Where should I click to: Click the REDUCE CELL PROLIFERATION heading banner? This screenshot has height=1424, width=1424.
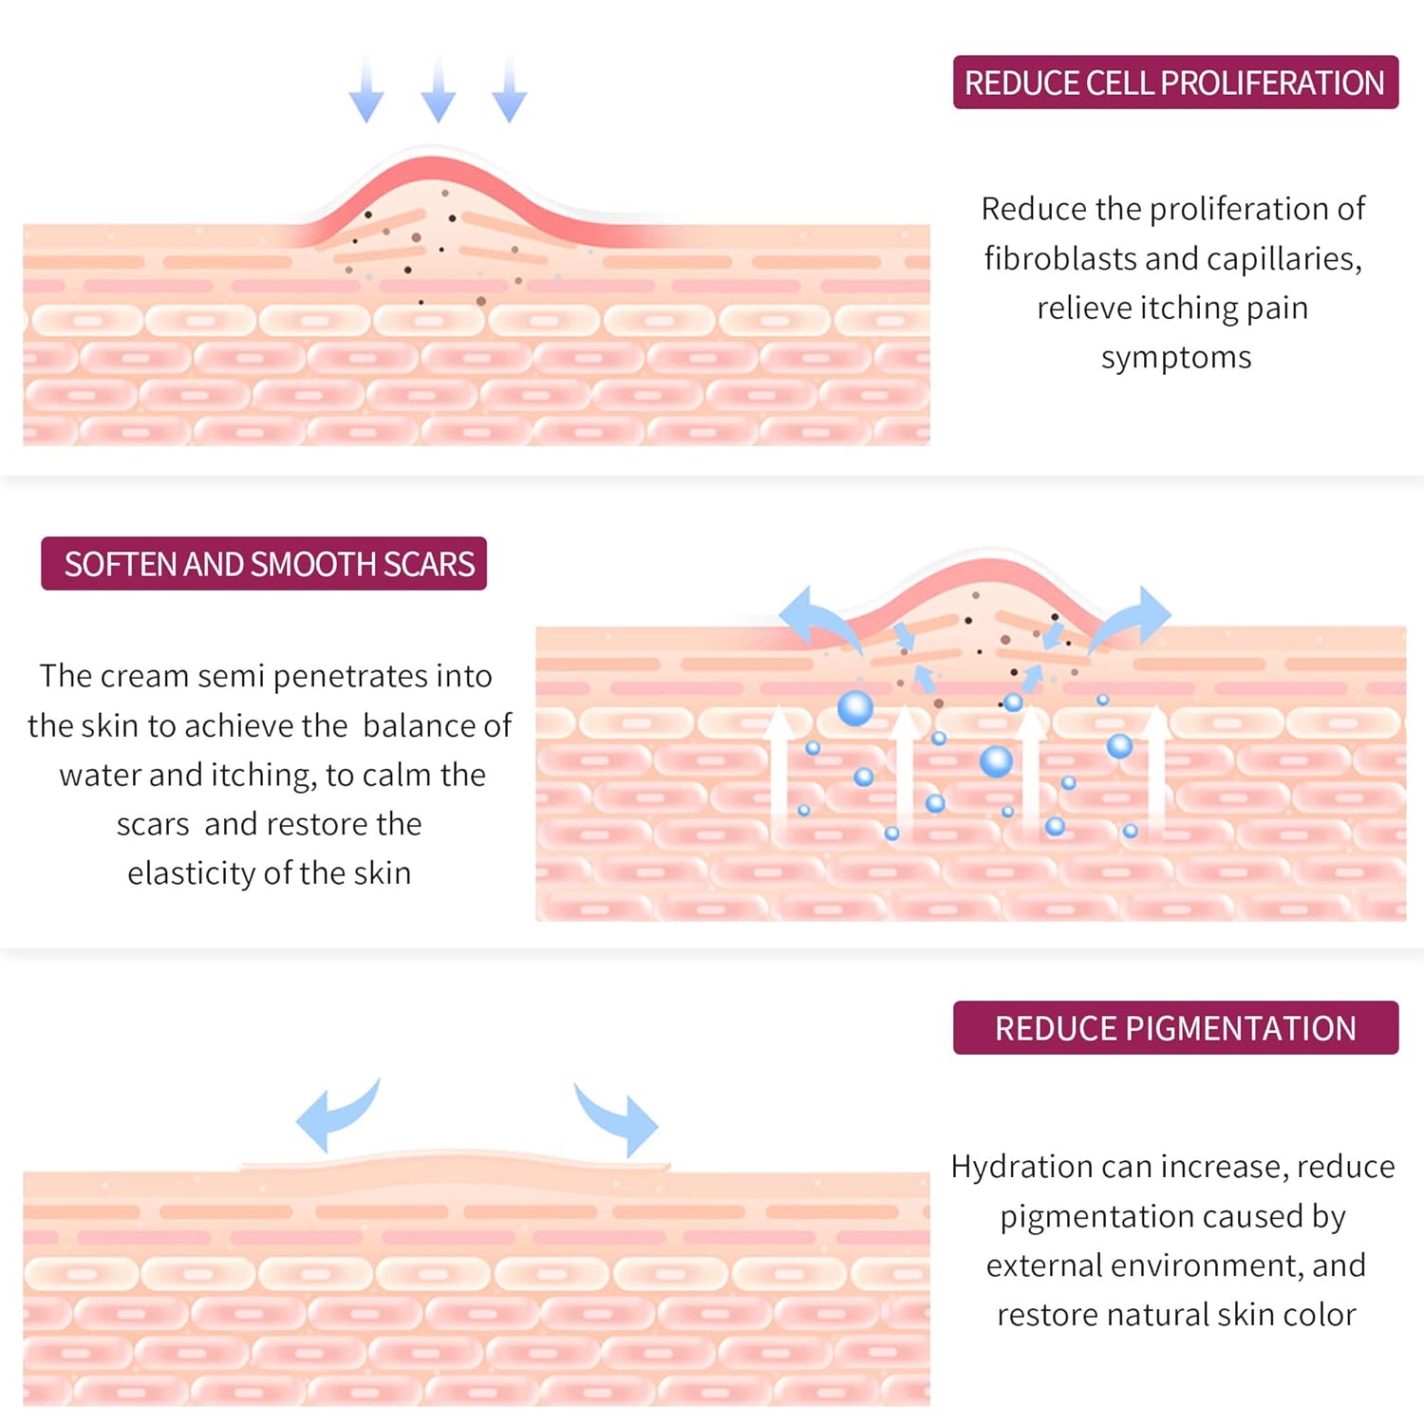[x=1175, y=83]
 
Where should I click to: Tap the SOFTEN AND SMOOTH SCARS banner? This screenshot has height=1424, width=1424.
[x=264, y=564]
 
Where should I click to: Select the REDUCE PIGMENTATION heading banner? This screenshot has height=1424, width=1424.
[x=1175, y=1028]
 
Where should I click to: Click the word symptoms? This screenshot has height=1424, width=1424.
[x=1175, y=358]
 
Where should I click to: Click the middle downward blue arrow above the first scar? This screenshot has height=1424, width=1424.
[x=438, y=93]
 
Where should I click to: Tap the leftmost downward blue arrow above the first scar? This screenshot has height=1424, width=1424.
[x=366, y=93]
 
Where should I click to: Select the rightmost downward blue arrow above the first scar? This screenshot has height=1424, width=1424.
[x=510, y=93]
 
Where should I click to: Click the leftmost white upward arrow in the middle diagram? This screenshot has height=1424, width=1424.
[x=778, y=769]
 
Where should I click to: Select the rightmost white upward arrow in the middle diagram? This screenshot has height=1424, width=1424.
[x=1156, y=769]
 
